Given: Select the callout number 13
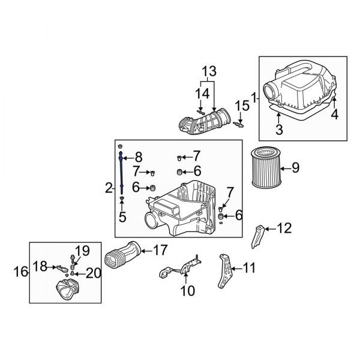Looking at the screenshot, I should pyautogui.click(x=207, y=70).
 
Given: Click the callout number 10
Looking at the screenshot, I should pyautogui.click(x=187, y=292).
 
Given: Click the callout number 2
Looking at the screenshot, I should pyautogui.click(x=109, y=188).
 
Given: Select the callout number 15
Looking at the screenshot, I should pyautogui.click(x=241, y=106).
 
